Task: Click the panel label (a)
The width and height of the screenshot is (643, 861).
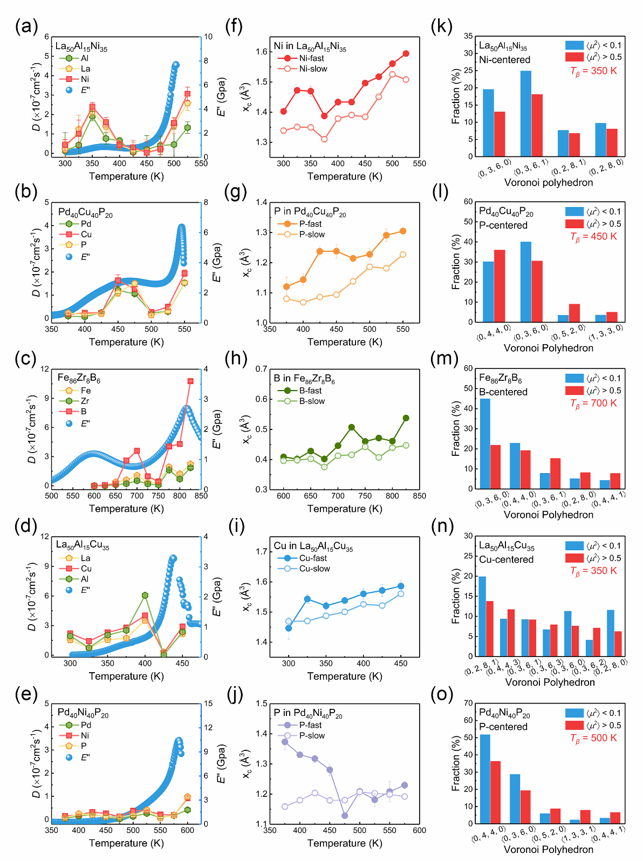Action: click(x=26, y=26)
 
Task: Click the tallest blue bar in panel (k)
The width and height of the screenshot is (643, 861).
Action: click(x=525, y=113)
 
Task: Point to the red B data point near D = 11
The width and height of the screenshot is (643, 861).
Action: click(x=190, y=381)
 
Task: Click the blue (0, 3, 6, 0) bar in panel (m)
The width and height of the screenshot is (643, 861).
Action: click(x=485, y=443)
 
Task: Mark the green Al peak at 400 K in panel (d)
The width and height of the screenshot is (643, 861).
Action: click(x=145, y=595)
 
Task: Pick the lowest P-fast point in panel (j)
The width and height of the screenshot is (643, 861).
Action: click(x=345, y=816)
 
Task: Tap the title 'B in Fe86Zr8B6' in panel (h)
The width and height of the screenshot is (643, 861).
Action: click(x=304, y=379)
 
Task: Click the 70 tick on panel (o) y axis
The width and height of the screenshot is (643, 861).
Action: click(x=468, y=703)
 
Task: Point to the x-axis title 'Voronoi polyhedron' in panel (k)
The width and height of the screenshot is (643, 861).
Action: click(x=548, y=182)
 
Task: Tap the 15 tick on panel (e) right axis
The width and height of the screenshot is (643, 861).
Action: click(x=208, y=703)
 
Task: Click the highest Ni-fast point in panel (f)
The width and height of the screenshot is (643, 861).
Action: click(x=406, y=53)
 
